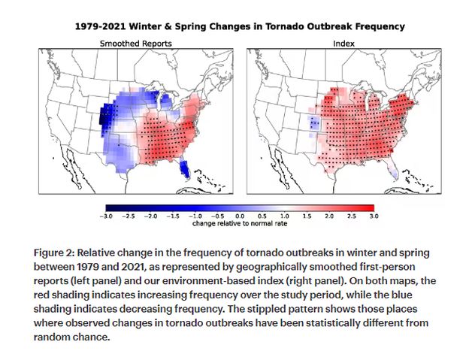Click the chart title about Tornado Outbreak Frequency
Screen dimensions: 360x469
click(240, 26)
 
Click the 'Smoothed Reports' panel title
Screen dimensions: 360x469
click(135, 44)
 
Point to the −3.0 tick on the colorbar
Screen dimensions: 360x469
click(107, 216)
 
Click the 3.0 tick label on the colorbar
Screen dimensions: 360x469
click(371, 216)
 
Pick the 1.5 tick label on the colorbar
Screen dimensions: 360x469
click(306, 216)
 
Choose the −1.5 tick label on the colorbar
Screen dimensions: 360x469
click(173, 216)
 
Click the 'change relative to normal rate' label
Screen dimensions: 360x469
click(240, 223)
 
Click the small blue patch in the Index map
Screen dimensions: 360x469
click(314, 125)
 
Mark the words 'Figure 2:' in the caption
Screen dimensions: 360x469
click(55, 252)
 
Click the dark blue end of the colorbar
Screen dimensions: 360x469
click(110, 207)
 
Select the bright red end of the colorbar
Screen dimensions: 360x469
click(370, 207)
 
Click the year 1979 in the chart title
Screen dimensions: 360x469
click(87, 26)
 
